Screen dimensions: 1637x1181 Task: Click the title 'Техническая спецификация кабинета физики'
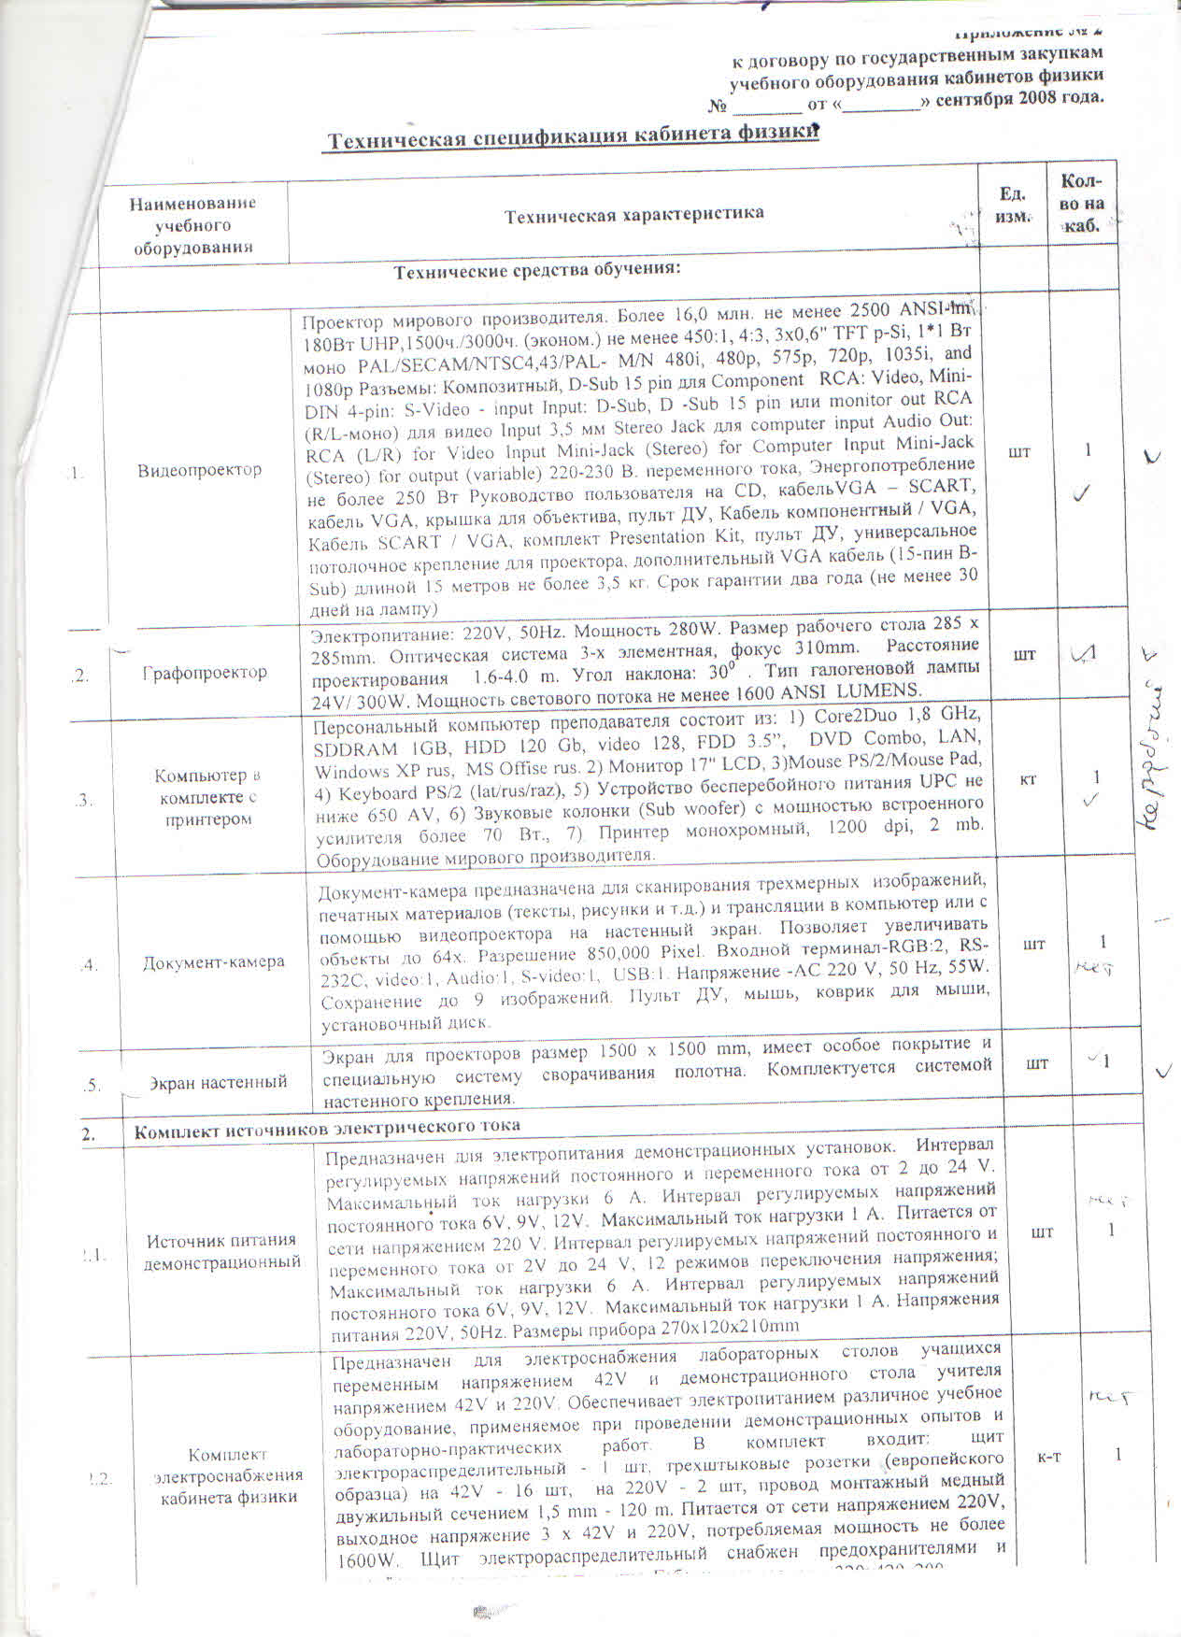pyautogui.click(x=572, y=136)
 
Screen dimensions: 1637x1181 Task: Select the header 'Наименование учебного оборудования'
pyautogui.click(x=192, y=225)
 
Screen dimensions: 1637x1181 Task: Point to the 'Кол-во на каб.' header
pyautogui.click(x=1082, y=204)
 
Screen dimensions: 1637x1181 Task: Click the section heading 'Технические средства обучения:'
pyautogui.click(x=536, y=272)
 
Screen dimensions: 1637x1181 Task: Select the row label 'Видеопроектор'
pyautogui.click(x=199, y=470)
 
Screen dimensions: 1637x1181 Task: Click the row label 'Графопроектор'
pyautogui.click(x=205, y=673)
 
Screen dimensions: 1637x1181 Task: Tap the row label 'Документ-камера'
pyautogui.click(x=213, y=962)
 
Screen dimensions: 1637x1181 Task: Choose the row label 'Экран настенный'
pyautogui.click(x=218, y=1083)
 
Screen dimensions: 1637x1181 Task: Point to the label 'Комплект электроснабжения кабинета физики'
pyautogui.click(x=228, y=1475)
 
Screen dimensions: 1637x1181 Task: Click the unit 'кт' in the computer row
pyautogui.click(x=1028, y=778)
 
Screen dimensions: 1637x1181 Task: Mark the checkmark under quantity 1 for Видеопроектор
pyautogui.click(x=1084, y=493)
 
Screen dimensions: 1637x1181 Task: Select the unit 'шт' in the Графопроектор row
pyautogui.click(x=1024, y=654)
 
